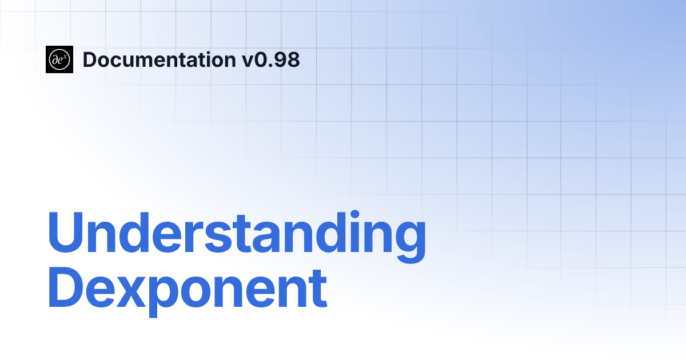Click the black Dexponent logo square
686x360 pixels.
59,59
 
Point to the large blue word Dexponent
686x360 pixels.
187,291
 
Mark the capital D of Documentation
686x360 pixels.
90,59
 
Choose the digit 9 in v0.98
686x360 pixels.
280,59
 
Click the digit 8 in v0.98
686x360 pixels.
293,59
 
